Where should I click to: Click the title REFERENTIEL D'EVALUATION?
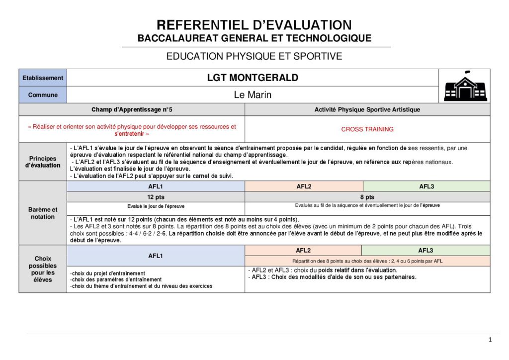[254, 25]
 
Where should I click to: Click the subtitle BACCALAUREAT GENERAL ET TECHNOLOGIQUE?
[254, 38]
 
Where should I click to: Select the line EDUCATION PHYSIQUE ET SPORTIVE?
[254, 56]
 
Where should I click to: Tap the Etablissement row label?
[43, 78]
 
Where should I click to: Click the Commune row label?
[43, 95]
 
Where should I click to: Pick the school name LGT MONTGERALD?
[253, 78]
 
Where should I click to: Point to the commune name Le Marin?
[253, 95]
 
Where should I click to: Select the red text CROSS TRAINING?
[367, 129]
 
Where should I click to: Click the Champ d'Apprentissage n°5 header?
[132, 109]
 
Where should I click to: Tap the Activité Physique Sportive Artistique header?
[367, 109]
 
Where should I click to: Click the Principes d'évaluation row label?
[43, 162]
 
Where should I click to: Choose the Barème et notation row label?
[43, 213]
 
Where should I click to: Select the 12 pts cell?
[156, 197]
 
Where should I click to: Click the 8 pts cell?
[367, 197]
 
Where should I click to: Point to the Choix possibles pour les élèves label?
[43, 269]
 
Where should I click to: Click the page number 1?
[490, 340]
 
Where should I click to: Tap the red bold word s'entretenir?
[132, 134]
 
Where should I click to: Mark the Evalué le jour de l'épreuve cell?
[156, 206]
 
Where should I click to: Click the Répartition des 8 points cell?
[367, 261]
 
